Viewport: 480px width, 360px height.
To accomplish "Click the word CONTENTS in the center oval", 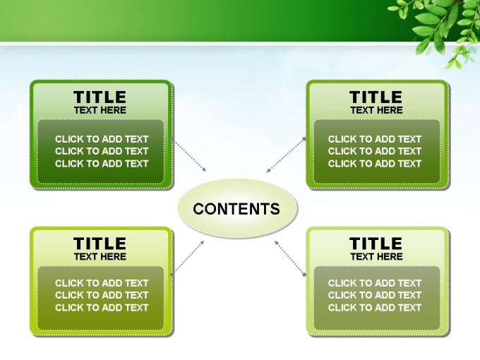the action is click(236, 209).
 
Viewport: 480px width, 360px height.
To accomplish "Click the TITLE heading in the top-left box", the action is click(100, 97).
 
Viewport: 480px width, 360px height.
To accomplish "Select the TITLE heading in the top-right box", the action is click(376, 97).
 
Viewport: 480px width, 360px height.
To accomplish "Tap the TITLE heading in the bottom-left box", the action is click(100, 244).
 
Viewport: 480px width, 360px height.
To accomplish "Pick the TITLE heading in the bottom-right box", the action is click(376, 244).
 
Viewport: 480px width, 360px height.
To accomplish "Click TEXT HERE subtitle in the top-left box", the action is click(100, 110).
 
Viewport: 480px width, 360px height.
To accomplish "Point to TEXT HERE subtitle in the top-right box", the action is click(376, 110).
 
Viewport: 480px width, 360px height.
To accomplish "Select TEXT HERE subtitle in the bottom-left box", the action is click(100, 256).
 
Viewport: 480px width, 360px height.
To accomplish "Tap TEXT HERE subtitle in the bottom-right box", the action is click(376, 256).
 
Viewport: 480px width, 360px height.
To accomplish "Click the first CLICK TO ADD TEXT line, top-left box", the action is click(102, 139).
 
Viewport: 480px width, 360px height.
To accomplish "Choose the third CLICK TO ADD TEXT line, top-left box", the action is click(102, 164).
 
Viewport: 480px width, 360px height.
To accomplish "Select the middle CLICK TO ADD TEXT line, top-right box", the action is click(375, 151).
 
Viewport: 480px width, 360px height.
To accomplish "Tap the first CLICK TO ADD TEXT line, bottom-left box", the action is click(102, 283).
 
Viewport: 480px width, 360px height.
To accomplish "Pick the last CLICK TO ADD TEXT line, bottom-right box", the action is click(375, 308).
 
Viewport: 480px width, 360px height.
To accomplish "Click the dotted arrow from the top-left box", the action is click(189, 155).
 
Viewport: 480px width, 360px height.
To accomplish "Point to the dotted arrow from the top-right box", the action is click(285, 155).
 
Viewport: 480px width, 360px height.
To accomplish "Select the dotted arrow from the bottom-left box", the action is click(188, 258).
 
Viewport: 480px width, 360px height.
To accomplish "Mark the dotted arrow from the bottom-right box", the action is click(289, 258).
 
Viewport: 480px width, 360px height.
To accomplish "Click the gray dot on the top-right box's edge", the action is click(304, 139).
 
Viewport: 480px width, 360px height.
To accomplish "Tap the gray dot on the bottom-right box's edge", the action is click(304, 275).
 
